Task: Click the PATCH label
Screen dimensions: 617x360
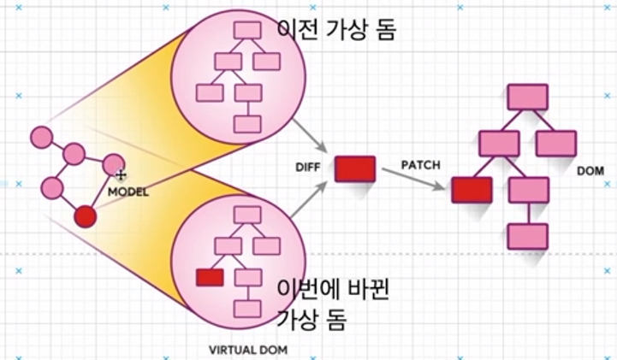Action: point(420,163)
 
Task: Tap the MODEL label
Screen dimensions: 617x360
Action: point(128,192)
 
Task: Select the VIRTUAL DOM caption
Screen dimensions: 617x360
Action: point(248,350)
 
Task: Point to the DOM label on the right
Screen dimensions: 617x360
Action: point(590,171)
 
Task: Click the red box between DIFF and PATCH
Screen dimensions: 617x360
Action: point(354,168)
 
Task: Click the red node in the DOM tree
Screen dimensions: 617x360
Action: point(471,190)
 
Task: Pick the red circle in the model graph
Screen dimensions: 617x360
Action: point(85,217)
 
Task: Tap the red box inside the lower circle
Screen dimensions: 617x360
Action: point(210,277)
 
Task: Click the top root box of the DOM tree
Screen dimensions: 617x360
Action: point(527,97)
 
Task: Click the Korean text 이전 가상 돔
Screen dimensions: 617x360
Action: point(337,29)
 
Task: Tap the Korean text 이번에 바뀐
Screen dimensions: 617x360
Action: point(334,291)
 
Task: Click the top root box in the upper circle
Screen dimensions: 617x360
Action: point(247,30)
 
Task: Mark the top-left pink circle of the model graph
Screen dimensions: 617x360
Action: point(41,137)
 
